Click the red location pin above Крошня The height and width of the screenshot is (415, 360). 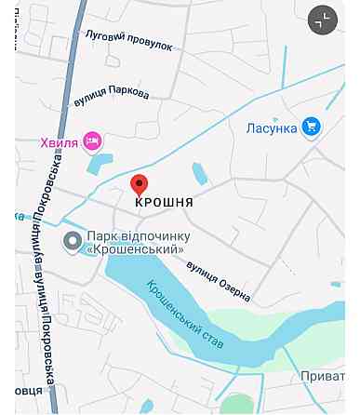click(139, 183)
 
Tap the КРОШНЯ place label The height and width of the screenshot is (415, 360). click(164, 203)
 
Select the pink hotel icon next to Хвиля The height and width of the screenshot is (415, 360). click(91, 141)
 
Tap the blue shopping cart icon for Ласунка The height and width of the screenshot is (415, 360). click(311, 127)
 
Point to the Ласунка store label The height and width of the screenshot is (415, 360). click(272, 127)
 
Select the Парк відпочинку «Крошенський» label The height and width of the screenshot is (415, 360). click(136, 243)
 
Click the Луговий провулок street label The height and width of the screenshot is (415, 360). click(128, 38)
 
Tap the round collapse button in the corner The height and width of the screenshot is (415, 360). click(323, 20)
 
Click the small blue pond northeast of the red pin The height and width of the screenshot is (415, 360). click(199, 173)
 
